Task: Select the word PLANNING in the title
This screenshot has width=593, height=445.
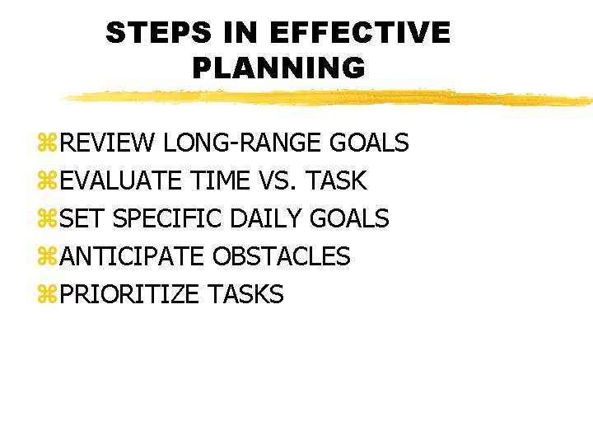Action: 278,68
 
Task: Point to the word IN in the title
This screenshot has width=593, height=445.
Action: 238,33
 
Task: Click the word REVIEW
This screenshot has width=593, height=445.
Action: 107,143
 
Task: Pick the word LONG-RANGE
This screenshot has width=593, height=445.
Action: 243,143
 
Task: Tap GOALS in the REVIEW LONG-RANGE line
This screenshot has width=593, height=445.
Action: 369,143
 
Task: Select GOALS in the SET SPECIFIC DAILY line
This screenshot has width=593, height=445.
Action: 349,218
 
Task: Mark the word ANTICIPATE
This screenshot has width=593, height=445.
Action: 132,256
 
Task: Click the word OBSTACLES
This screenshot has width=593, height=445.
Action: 281,256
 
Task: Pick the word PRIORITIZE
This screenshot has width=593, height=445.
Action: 130,294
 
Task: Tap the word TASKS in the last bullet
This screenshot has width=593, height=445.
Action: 245,294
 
